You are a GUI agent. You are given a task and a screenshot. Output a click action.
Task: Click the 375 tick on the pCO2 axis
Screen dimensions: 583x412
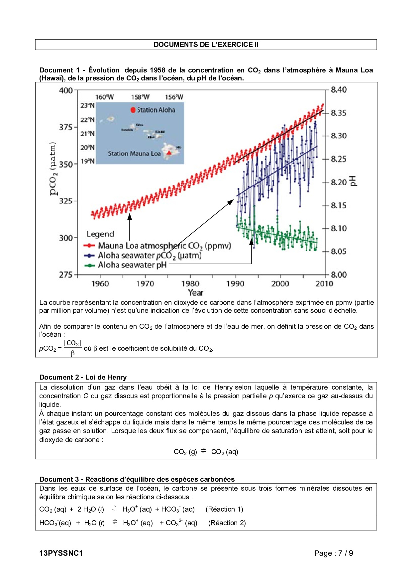point(65,127)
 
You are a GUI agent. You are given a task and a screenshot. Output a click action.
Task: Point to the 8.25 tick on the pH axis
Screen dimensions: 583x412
point(339,159)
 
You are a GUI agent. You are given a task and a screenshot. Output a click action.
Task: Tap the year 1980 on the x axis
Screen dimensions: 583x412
point(190,284)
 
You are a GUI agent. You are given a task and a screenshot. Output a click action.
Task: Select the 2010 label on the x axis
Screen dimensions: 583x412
point(324,284)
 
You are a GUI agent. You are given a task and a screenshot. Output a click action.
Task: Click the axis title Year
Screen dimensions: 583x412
point(195,292)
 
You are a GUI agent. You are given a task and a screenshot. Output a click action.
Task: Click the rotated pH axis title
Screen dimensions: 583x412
point(354,181)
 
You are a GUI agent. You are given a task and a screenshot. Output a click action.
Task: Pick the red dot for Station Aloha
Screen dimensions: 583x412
point(133,110)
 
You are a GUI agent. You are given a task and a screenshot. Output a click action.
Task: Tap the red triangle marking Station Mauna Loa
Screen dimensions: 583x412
point(169,153)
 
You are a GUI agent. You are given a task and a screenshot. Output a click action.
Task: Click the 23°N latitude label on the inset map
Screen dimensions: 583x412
point(87,105)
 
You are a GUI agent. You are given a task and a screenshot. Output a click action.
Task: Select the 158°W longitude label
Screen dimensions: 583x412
point(140,97)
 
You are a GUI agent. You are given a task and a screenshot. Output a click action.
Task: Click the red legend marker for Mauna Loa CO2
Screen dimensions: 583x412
point(89,246)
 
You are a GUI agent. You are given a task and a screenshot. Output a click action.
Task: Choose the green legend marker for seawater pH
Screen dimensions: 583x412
point(89,265)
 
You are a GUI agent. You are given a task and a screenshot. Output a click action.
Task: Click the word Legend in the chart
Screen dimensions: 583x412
point(100,234)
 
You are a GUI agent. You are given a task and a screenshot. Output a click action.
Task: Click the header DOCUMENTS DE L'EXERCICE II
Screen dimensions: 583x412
point(206,45)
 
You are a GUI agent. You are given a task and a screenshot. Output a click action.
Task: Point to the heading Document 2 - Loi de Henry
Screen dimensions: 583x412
point(83,377)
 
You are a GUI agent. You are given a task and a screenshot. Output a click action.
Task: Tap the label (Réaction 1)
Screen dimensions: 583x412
point(224,509)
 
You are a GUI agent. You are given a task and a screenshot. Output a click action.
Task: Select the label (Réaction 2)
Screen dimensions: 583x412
point(227,523)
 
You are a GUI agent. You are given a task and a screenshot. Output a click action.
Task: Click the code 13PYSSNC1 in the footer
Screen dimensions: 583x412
point(61,553)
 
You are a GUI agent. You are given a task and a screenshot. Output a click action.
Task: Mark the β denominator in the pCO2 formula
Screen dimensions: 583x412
point(73,353)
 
